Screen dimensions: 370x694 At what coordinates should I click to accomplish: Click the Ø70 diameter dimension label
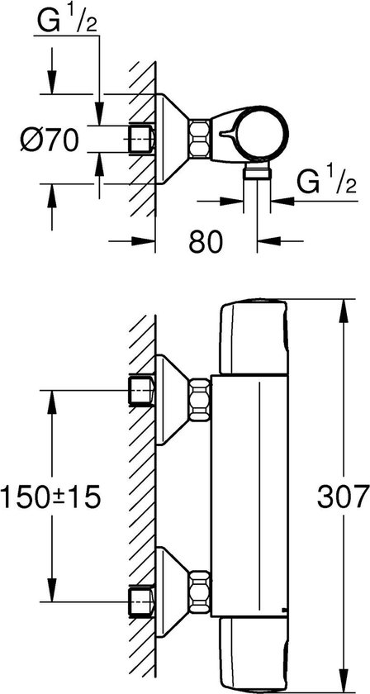pyautogui.click(x=50, y=140)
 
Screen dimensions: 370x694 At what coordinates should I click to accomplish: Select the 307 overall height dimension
pyautogui.click(x=344, y=497)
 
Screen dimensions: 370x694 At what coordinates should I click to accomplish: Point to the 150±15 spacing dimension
pyautogui.click(x=51, y=497)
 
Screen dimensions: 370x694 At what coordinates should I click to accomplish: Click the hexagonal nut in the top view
pyautogui.click(x=199, y=138)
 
